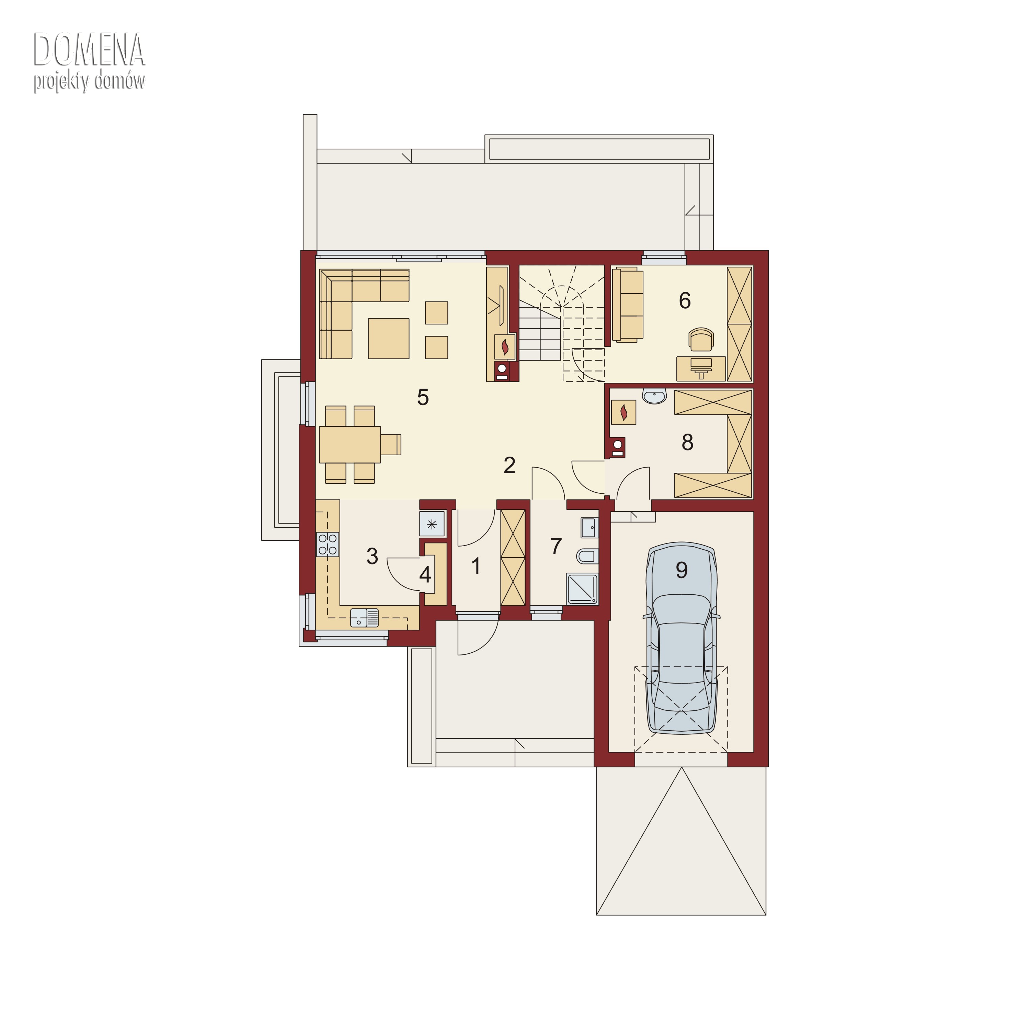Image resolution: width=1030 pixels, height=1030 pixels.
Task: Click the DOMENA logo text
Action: pos(89,50)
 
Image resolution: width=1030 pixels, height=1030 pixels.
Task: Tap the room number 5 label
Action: pos(423,397)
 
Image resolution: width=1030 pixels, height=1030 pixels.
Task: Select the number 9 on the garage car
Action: pos(681,570)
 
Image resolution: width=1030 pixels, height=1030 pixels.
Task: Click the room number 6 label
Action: pos(685,301)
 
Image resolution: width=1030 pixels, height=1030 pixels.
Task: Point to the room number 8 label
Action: pos(687,442)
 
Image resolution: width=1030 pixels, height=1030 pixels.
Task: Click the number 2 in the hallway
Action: pos(510,466)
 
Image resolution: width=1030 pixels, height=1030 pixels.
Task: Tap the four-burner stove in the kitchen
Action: pos(327,544)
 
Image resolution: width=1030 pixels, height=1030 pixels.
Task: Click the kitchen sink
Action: pos(364,617)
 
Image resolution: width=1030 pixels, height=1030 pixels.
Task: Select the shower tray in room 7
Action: pos(583,589)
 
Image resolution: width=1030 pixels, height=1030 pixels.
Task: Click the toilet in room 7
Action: pos(587,557)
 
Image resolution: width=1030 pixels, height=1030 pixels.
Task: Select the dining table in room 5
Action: pos(350,444)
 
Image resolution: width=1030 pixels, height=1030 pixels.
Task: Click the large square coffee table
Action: pos(389,339)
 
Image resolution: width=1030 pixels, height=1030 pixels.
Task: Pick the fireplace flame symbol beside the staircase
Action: pos(505,346)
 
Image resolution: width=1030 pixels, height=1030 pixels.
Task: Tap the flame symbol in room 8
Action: pos(623,412)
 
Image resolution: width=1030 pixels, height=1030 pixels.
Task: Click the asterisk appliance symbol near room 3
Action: pos(432,524)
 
